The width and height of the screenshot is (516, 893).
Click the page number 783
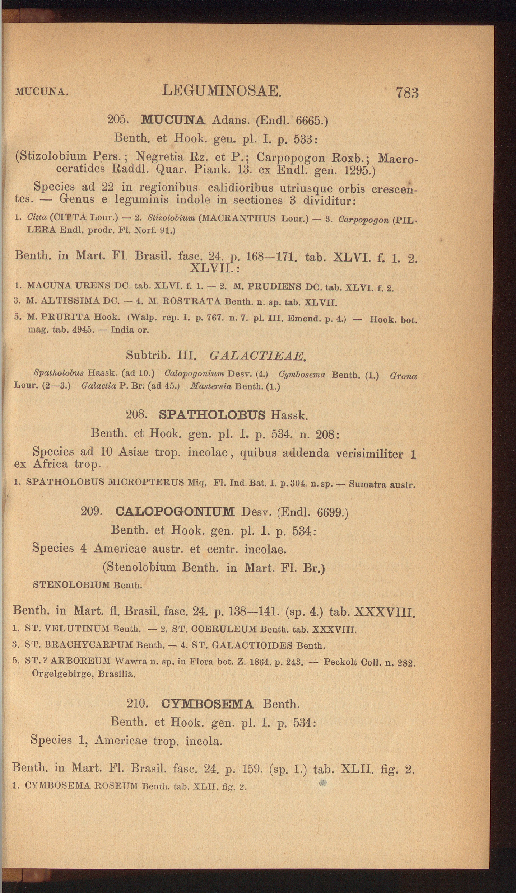click(x=407, y=93)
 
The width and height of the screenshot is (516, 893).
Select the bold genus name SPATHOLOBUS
click(x=211, y=415)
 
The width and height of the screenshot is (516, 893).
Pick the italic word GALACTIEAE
click(x=257, y=356)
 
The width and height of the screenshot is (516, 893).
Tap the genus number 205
click(x=118, y=119)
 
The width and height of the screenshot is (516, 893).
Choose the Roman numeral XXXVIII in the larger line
click(x=385, y=610)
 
